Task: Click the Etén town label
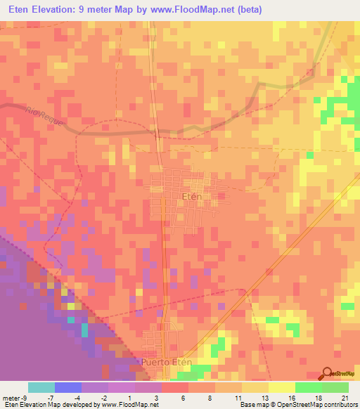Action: [191, 197]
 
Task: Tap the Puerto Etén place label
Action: [166, 362]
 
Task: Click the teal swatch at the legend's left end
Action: [41, 387]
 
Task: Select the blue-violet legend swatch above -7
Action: [67, 387]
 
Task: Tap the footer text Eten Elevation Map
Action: [32, 405]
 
